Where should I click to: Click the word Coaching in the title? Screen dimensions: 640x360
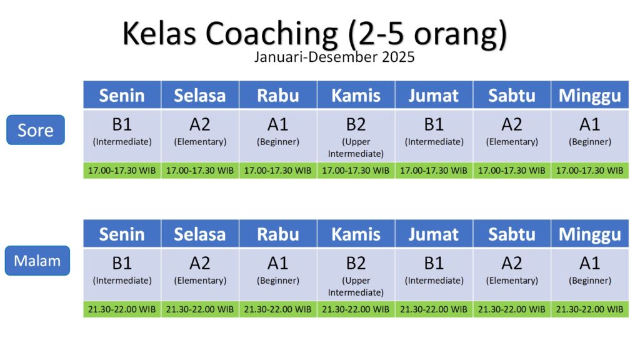[x=271, y=34]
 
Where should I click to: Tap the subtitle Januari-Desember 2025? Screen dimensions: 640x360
[x=334, y=57]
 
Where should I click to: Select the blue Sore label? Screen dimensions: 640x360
[x=36, y=130]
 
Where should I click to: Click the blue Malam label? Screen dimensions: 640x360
[x=37, y=261]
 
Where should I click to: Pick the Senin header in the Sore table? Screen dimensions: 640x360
[x=122, y=95]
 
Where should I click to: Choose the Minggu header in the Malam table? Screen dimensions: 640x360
[x=590, y=234]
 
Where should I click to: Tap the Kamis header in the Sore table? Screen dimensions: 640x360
[x=356, y=95]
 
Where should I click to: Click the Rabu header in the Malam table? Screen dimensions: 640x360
[x=278, y=234]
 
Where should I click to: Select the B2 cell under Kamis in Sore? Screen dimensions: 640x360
[x=356, y=136]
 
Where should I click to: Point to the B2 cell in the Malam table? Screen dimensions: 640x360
[x=356, y=274]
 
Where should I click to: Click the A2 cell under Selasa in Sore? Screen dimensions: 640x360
[x=200, y=136]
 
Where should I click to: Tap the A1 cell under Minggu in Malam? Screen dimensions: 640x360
[x=590, y=274]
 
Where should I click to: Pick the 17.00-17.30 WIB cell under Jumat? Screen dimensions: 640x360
[x=434, y=171]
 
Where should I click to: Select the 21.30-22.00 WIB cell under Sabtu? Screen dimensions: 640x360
[x=512, y=309]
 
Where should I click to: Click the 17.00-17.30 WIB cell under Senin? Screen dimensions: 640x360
[x=122, y=171]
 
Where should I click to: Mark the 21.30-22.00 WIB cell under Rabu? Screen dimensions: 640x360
[x=278, y=309]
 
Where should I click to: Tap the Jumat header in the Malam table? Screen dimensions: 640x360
[x=434, y=234]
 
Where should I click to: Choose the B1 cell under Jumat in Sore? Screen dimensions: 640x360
[x=434, y=136]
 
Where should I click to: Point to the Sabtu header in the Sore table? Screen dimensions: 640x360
[x=512, y=95]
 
